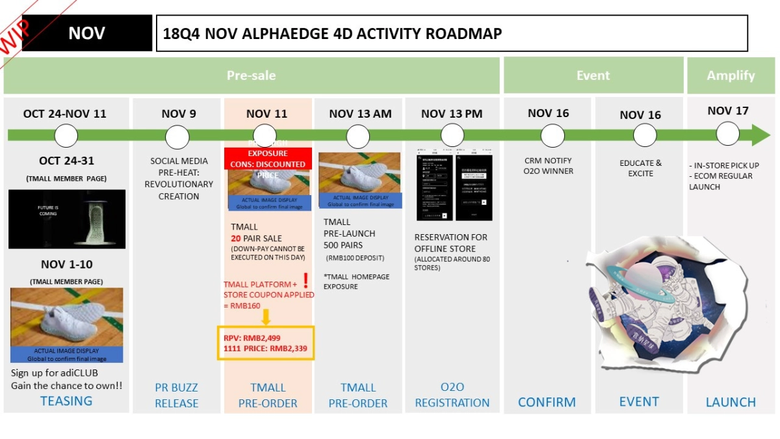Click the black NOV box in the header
(x=87, y=33)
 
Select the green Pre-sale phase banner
(x=251, y=75)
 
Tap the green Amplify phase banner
(x=731, y=75)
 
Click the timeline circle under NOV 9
(x=177, y=137)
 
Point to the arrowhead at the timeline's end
(x=760, y=135)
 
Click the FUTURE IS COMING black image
(x=67, y=219)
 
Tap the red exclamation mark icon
(x=305, y=281)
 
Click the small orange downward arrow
(x=265, y=317)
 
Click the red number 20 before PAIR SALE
(x=236, y=239)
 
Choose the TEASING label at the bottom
(x=66, y=401)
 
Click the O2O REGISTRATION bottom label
(x=452, y=395)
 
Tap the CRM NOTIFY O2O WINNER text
(x=548, y=166)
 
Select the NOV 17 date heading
(x=728, y=111)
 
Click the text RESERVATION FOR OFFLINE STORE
(x=450, y=243)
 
